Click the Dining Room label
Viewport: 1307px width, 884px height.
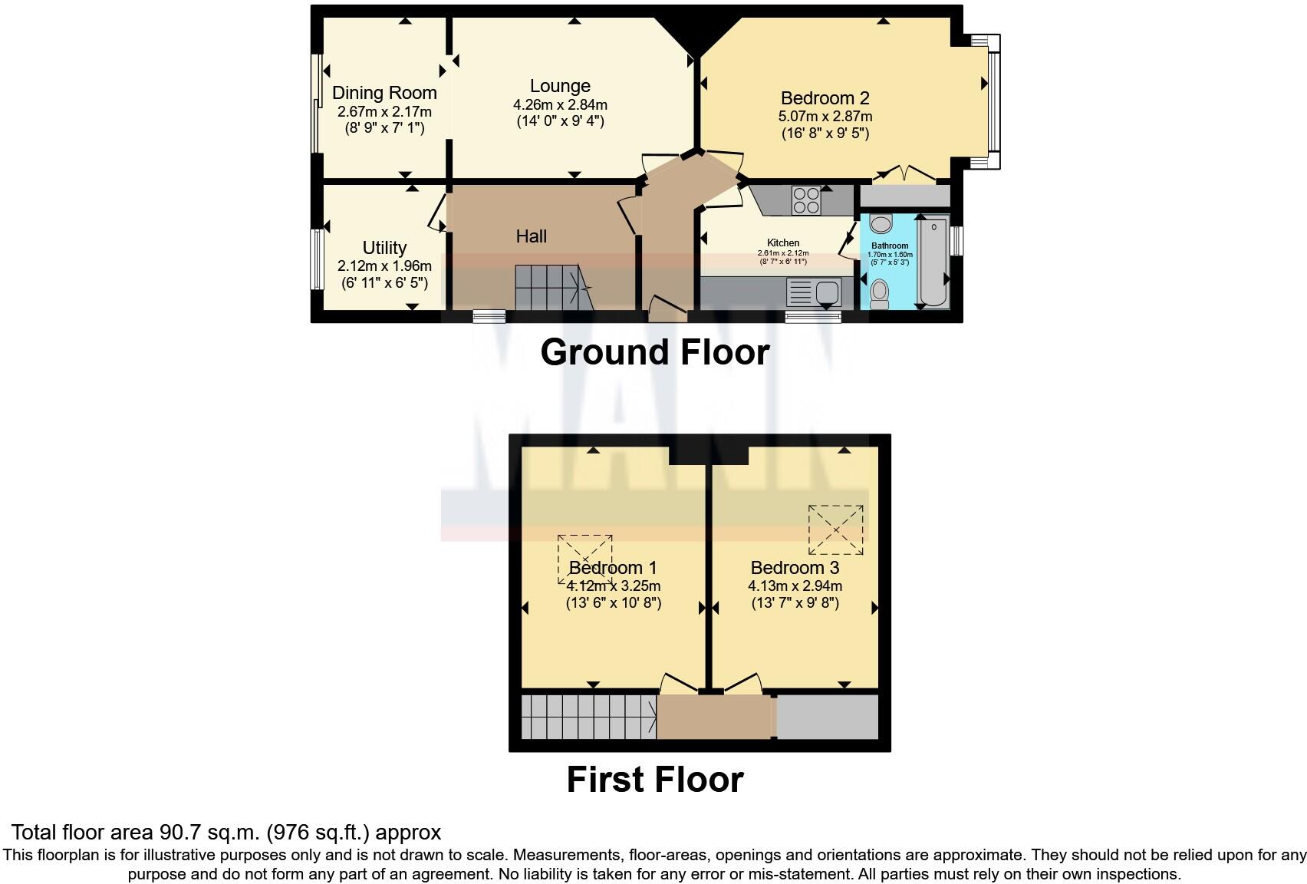click(384, 93)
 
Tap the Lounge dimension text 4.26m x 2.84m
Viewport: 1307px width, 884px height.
click(560, 104)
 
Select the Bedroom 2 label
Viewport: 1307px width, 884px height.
click(825, 98)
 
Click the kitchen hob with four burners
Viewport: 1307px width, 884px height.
click(806, 200)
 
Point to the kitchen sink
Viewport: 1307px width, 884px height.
click(827, 292)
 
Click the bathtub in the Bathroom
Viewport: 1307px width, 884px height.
click(933, 262)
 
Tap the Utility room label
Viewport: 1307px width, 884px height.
click(384, 248)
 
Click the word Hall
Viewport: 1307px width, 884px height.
click(531, 236)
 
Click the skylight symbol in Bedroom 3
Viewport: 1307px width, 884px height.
click(835, 529)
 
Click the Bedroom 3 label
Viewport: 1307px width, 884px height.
click(795, 568)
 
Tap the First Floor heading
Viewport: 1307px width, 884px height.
click(654, 780)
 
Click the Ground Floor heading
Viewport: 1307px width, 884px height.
click(654, 352)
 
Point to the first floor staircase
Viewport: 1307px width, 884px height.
click(588, 717)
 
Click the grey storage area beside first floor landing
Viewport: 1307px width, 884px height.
click(828, 717)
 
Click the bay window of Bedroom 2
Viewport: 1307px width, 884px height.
click(993, 101)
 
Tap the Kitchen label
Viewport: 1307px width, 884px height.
click(783, 242)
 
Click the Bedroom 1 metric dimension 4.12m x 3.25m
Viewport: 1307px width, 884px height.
click(614, 586)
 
